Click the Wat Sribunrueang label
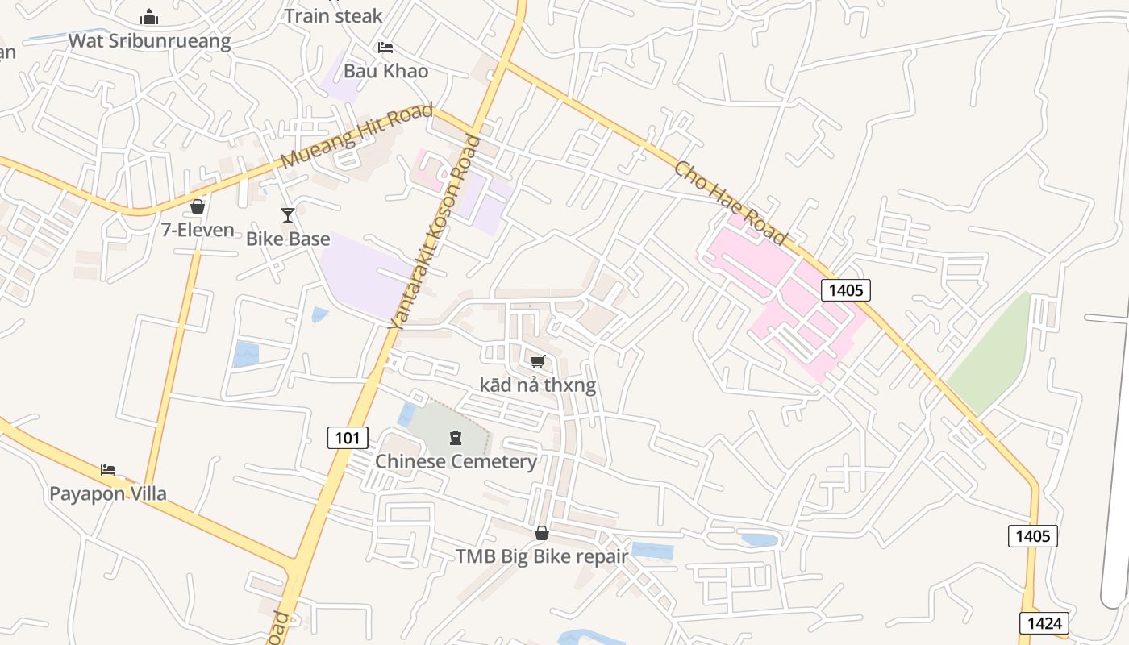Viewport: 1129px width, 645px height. (149, 40)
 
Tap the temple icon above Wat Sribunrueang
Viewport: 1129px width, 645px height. (149, 17)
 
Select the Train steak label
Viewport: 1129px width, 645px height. (333, 15)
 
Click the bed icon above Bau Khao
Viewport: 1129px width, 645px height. (385, 48)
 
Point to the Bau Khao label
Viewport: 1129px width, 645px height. (385, 70)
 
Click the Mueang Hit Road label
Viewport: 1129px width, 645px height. (357, 135)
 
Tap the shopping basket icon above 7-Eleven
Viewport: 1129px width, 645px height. (198, 206)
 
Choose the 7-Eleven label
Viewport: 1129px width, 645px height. (198, 230)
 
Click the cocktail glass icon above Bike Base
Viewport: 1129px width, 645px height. (288, 214)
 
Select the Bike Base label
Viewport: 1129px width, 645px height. (288, 239)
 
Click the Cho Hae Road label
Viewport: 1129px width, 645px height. (729, 202)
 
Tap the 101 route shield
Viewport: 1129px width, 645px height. (348, 438)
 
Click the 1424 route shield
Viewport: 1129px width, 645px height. (1044, 622)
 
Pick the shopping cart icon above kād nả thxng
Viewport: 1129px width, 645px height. (538, 361)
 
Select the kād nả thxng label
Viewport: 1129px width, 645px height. (538, 385)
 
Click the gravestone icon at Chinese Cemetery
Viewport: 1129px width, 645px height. (456, 438)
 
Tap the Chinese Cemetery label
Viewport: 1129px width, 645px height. (456, 461)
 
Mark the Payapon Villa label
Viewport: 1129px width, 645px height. (108, 493)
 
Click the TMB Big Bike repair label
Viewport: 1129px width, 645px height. (541, 556)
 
